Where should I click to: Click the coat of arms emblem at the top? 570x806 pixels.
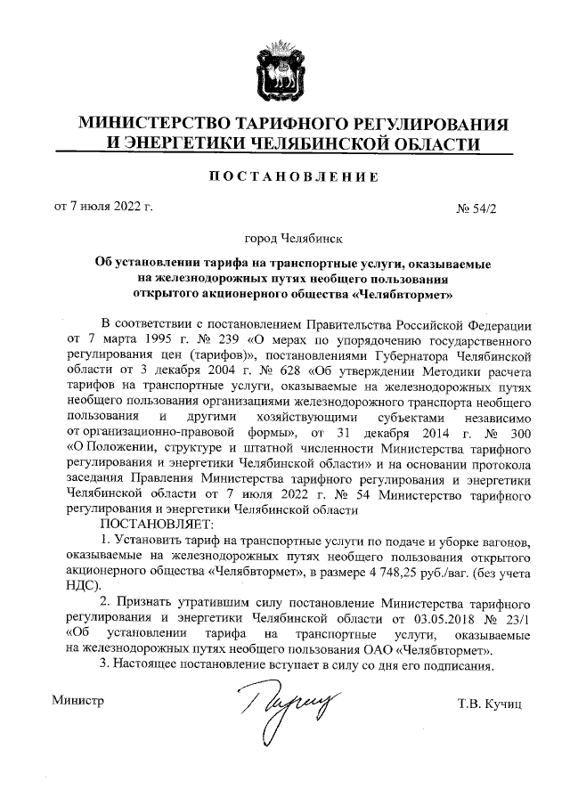pos(285,70)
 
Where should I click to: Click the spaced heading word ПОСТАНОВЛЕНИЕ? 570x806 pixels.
pos(285,175)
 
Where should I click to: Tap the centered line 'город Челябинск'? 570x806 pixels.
pos(285,239)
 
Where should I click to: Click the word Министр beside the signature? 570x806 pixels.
pos(78,702)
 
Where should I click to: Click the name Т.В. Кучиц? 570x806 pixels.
pos(488,704)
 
